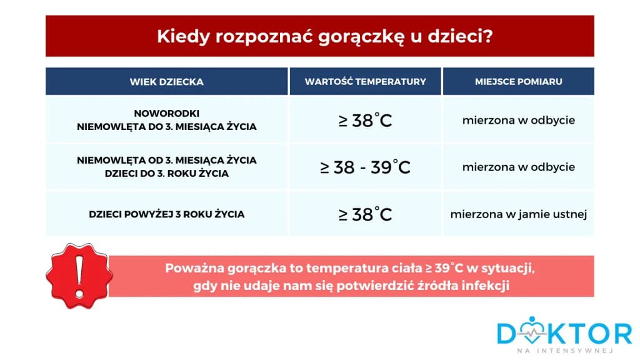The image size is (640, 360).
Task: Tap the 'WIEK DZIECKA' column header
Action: point(166,82)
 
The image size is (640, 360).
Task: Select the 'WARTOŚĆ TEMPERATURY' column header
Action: point(366,82)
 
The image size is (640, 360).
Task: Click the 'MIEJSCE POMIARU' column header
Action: point(518,82)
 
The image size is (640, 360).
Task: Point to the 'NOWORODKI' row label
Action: point(166,113)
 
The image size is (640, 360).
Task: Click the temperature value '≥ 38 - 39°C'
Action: point(366,167)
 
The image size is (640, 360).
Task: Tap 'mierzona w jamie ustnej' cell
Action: point(518,214)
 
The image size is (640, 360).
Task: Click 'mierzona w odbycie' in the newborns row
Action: point(518,120)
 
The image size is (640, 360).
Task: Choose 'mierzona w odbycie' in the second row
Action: point(518,167)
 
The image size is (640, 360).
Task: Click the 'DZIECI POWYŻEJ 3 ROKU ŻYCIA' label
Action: point(166,214)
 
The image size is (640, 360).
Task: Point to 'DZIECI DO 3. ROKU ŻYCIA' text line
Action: point(166,174)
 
